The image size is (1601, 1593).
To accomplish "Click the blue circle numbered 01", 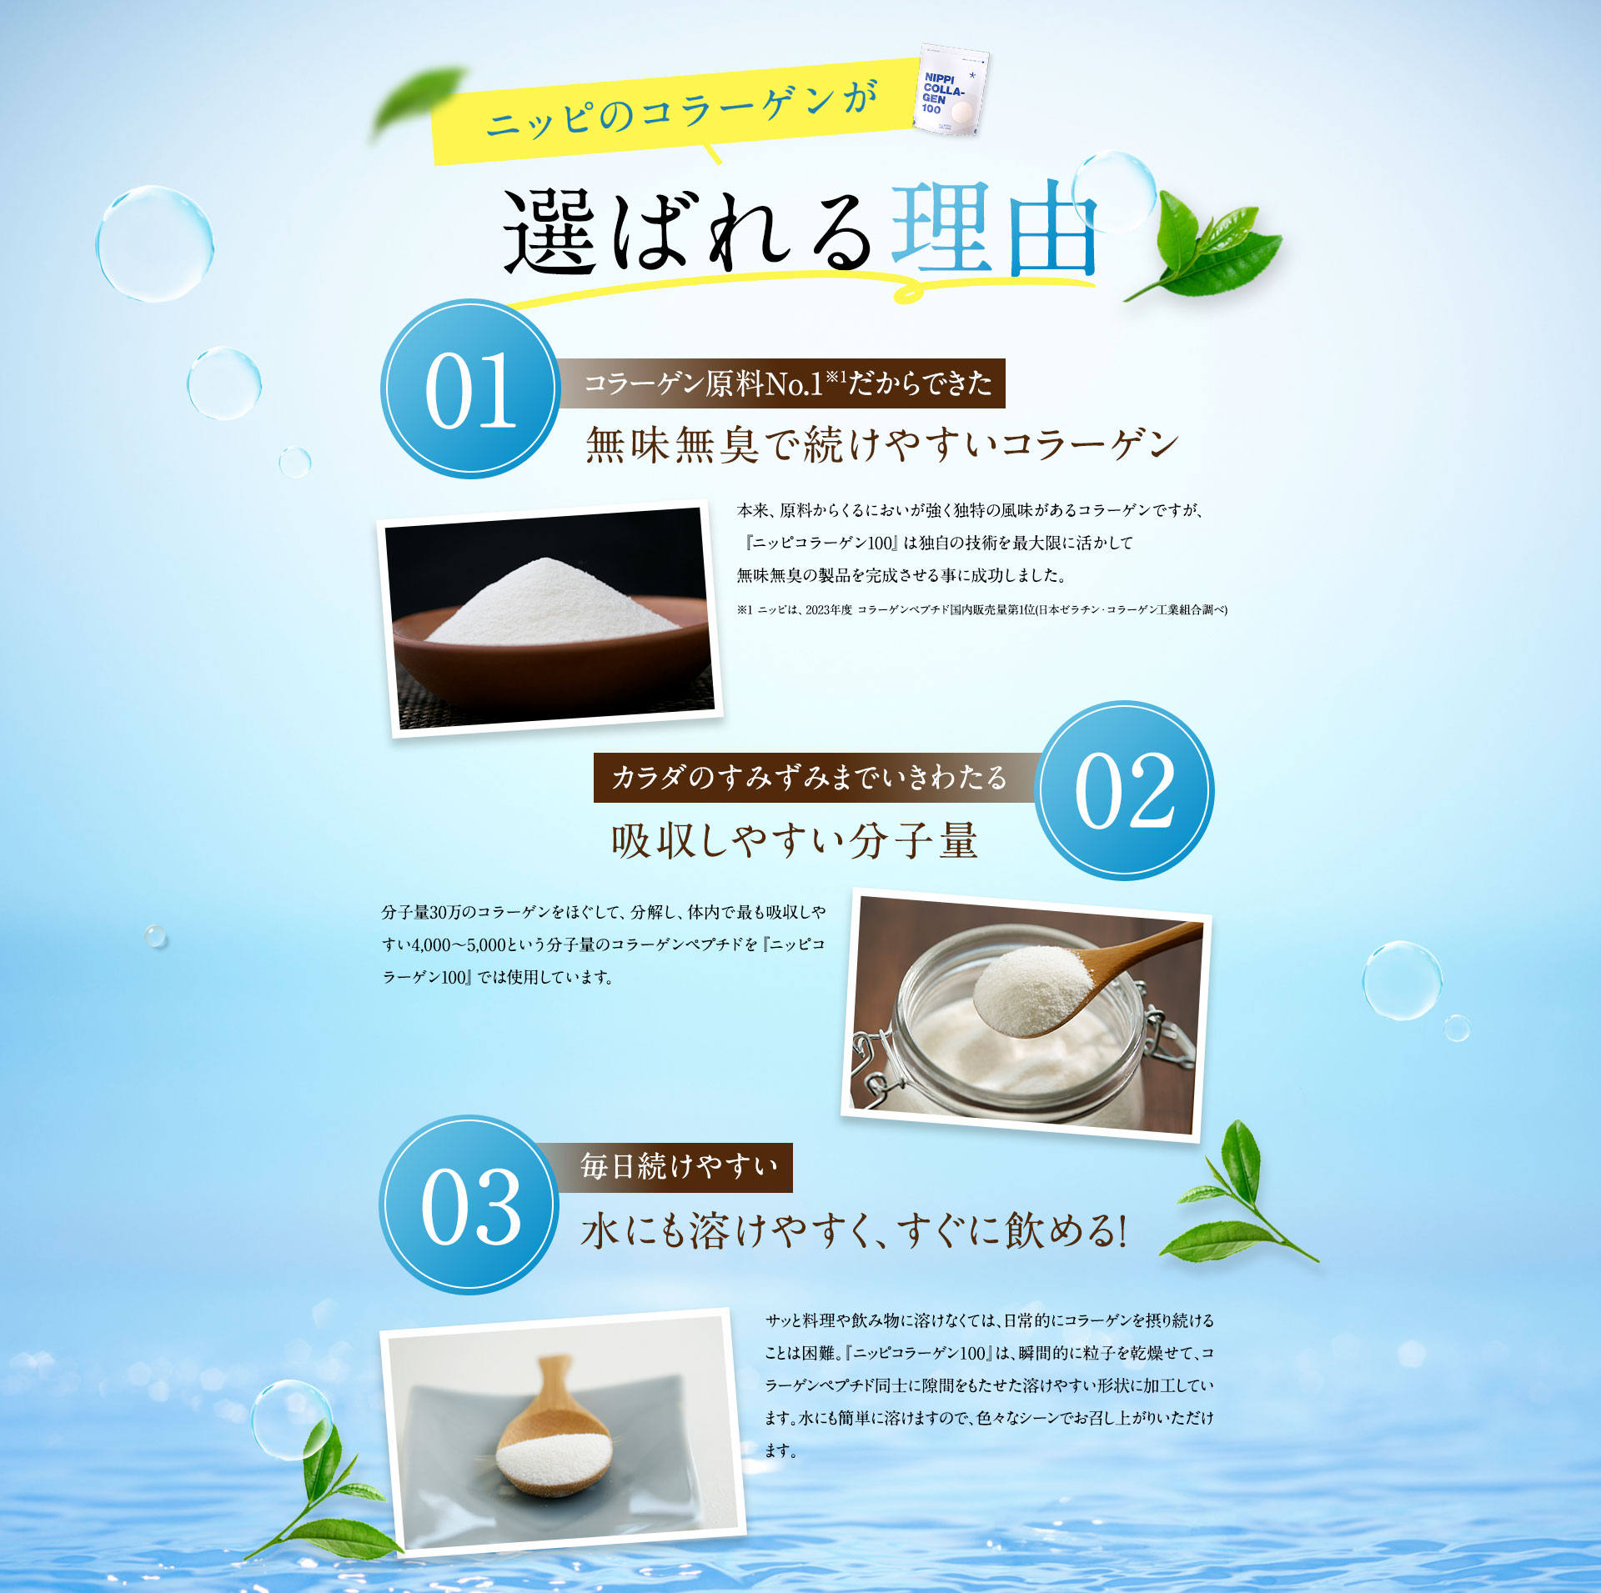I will point(470,389).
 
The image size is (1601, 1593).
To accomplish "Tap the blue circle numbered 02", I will point(1124,790).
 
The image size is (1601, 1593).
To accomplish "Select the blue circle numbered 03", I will point(469,1205).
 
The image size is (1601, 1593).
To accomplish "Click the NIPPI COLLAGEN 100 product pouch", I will point(951,91).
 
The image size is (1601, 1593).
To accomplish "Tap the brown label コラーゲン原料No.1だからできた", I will point(786,383).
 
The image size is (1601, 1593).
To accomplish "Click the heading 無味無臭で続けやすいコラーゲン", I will point(881,444).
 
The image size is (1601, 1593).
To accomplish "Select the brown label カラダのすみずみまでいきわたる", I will point(809,777).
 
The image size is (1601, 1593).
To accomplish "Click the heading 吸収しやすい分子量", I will point(794,840).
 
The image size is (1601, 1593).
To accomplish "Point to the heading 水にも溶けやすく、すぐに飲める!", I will point(853,1230).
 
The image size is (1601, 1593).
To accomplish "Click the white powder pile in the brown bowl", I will point(553,604).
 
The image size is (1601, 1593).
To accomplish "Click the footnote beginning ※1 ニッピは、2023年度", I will point(981,610).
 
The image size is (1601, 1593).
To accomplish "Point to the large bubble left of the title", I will point(155,243).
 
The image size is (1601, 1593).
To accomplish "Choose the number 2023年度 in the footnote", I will point(828,610).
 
